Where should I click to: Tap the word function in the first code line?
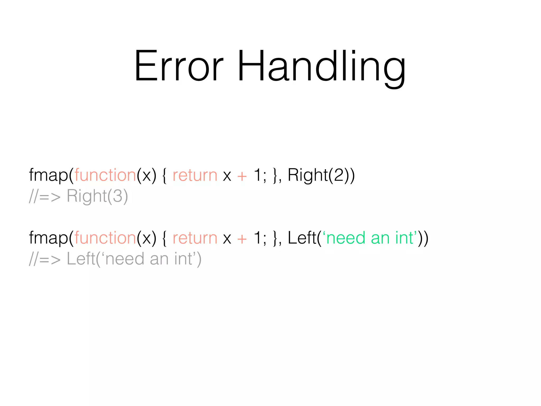pyautogui.click(x=105, y=175)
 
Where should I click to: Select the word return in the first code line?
pyautogui.click(x=195, y=175)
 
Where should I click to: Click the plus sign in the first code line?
pyautogui.click(x=242, y=176)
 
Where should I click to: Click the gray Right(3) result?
pyautogui.click(x=97, y=196)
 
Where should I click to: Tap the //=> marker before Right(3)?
pyautogui.click(x=45, y=197)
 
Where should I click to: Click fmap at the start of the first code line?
pyautogui.click(x=48, y=175)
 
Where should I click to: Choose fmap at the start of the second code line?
pyautogui.click(x=48, y=238)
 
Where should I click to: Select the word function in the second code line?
pyautogui.click(x=105, y=238)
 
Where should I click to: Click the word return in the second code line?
pyautogui.click(x=195, y=238)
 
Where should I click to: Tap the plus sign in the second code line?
pyautogui.click(x=242, y=239)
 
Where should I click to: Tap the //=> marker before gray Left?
pyautogui.click(x=45, y=259)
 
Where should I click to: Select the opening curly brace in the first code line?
pyautogui.click(x=164, y=176)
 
